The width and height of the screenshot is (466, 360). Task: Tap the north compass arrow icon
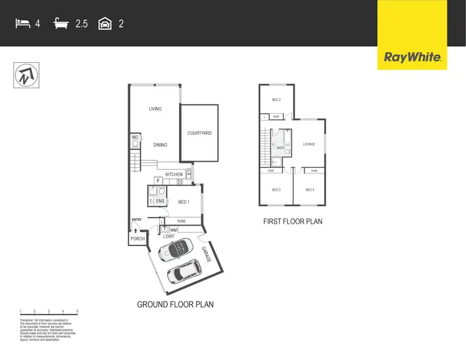(24, 76)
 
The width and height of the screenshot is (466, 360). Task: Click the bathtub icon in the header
(62, 24)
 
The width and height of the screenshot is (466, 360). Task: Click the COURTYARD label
(199, 133)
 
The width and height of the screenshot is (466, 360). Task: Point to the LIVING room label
(155, 109)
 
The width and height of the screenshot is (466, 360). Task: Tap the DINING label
(160, 145)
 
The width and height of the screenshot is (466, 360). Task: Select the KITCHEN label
(174, 175)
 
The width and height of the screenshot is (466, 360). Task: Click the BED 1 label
(184, 201)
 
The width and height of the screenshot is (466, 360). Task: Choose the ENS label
(160, 201)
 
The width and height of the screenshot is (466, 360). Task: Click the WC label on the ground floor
(134, 137)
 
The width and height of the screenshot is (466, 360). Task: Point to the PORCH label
(137, 239)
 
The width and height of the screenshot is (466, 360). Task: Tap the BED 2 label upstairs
(276, 100)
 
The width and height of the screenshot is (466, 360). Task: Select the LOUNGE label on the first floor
(309, 144)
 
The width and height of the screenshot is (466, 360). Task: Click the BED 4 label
(309, 190)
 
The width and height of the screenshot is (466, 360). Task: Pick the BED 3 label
(276, 190)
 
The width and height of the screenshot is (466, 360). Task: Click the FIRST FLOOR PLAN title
(293, 221)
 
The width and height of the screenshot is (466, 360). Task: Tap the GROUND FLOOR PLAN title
(175, 305)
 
